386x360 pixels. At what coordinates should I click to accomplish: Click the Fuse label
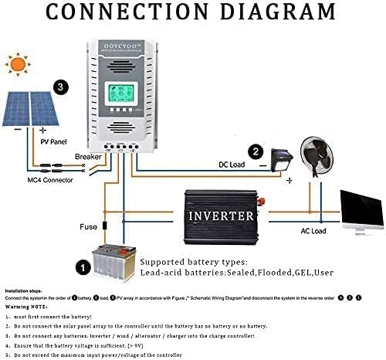(x=89, y=227)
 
